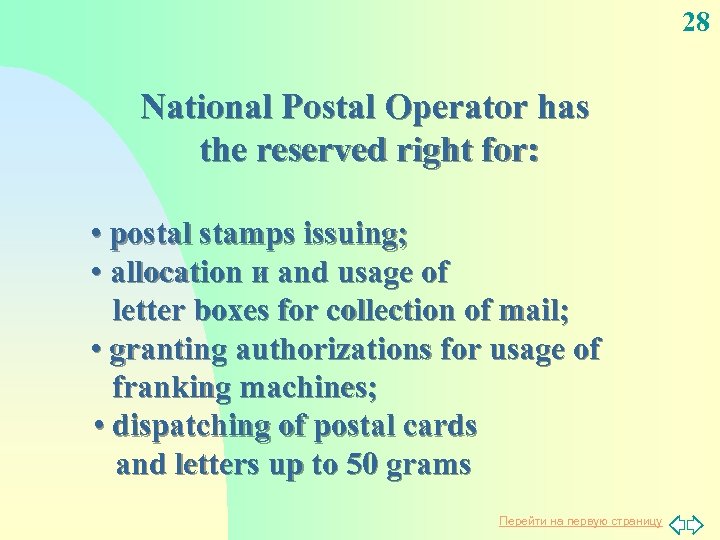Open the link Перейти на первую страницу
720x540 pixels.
pos(580,521)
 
